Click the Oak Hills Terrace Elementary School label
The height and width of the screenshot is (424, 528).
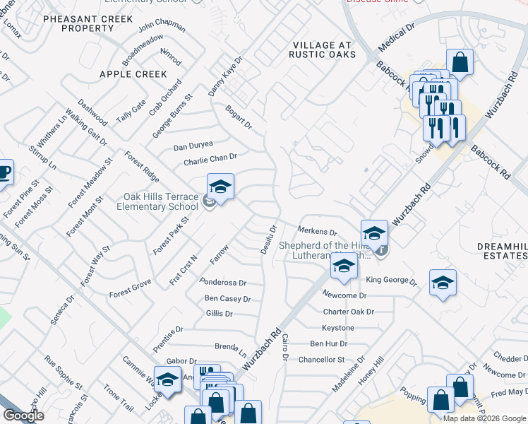coord(160,201)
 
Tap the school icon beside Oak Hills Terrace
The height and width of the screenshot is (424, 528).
coord(220,188)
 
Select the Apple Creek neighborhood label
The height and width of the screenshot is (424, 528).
coord(133,73)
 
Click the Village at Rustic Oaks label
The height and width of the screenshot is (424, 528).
coord(323,50)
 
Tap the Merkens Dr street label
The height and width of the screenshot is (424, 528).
coord(317,231)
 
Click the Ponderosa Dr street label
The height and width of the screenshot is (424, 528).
coord(222,281)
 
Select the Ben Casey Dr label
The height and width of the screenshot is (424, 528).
coord(227,299)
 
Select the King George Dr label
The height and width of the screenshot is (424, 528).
coord(391,280)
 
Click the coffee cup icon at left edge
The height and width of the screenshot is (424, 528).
coord(4,172)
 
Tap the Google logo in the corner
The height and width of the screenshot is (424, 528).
coord(23,416)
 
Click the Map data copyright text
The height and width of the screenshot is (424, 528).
coord(484,418)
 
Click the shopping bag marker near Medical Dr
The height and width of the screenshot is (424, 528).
coord(460,62)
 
